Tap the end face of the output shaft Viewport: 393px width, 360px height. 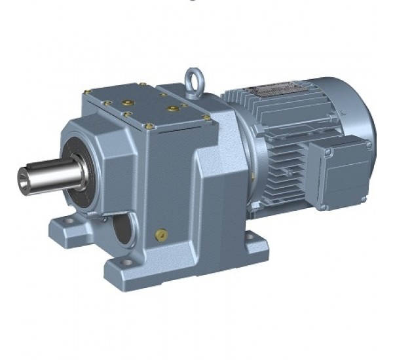(24, 176)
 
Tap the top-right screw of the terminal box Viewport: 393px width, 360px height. (369, 145)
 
